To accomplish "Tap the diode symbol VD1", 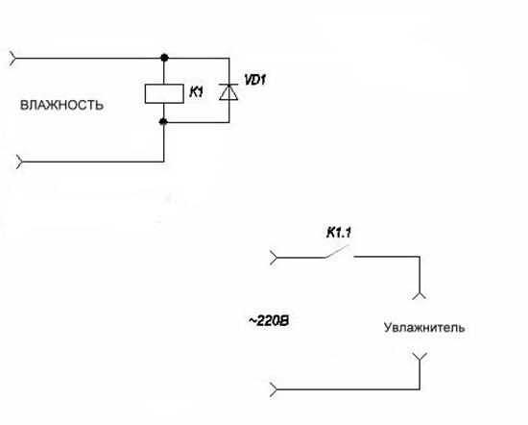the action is point(228,91).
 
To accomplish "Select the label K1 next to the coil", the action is point(196,91).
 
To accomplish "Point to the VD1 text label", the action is point(255,80).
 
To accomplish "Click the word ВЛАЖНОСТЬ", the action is point(61,105).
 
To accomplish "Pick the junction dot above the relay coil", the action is point(164,58).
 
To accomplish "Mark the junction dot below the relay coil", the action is point(163,122).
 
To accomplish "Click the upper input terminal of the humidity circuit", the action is point(12,58).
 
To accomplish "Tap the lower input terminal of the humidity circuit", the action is point(19,162).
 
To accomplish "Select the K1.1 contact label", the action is point(339,233).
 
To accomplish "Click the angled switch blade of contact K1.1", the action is point(337,251).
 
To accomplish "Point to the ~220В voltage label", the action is point(269,321).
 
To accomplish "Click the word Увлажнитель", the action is point(424,328).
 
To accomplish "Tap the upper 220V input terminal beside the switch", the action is point(274,258).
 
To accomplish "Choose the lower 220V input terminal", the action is point(274,389).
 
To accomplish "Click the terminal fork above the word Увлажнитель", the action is point(420,295).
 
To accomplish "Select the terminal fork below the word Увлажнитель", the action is point(420,357).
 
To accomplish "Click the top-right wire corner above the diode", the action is point(229,58).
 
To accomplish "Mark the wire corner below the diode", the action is point(229,122).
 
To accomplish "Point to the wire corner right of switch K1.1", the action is point(420,257).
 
